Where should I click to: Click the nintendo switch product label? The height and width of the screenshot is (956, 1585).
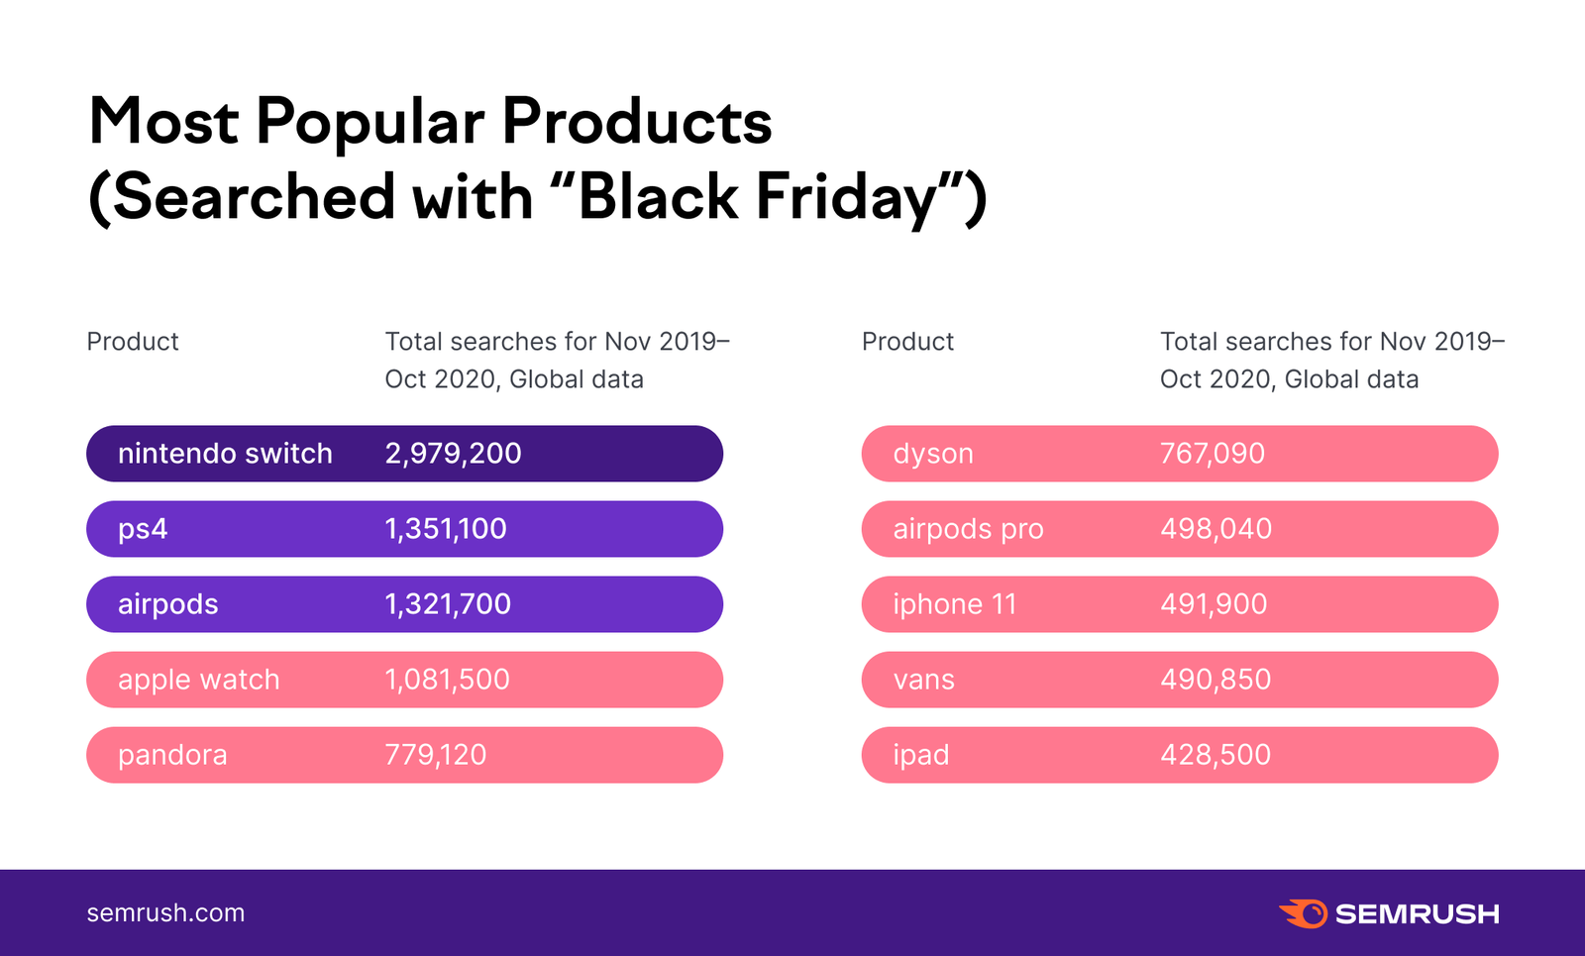(x=225, y=454)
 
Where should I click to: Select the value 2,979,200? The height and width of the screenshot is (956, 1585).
(x=453, y=454)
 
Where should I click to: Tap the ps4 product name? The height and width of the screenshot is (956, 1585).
(x=143, y=529)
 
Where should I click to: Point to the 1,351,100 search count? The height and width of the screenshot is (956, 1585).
(x=446, y=529)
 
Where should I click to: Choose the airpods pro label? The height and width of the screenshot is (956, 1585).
(x=968, y=529)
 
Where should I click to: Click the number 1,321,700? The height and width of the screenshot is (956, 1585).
(x=448, y=604)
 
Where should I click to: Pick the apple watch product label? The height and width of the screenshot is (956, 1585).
(x=198, y=680)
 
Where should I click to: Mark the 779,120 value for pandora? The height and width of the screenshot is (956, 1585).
(x=436, y=755)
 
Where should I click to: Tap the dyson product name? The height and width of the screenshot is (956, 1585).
(x=933, y=454)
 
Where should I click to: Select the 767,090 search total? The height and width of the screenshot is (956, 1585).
(x=1213, y=454)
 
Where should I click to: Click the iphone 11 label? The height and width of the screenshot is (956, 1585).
(x=955, y=604)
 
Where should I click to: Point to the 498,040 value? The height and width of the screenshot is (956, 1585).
(x=1215, y=529)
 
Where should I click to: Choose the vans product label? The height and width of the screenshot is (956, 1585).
(x=923, y=680)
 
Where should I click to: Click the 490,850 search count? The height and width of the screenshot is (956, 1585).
(x=1215, y=680)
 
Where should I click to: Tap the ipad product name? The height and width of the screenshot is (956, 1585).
(x=921, y=755)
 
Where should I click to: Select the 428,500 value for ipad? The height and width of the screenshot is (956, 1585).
(x=1215, y=755)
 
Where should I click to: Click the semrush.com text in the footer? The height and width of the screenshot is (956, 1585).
(x=165, y=912)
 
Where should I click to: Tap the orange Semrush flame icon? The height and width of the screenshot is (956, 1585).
(x=1303, y=912)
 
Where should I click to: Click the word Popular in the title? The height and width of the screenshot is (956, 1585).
(x=370, y=123)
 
